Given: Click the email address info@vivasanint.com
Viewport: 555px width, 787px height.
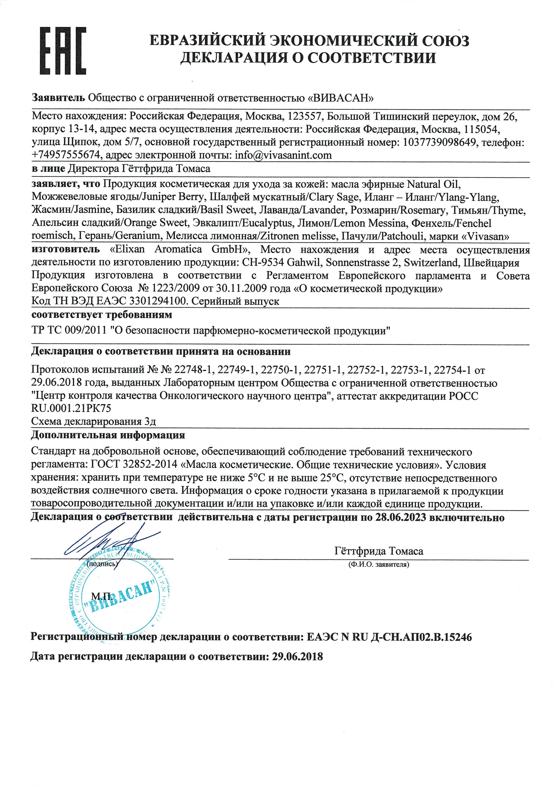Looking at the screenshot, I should click(283, 156).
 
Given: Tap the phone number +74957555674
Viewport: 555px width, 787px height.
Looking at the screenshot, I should click(67, 156).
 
